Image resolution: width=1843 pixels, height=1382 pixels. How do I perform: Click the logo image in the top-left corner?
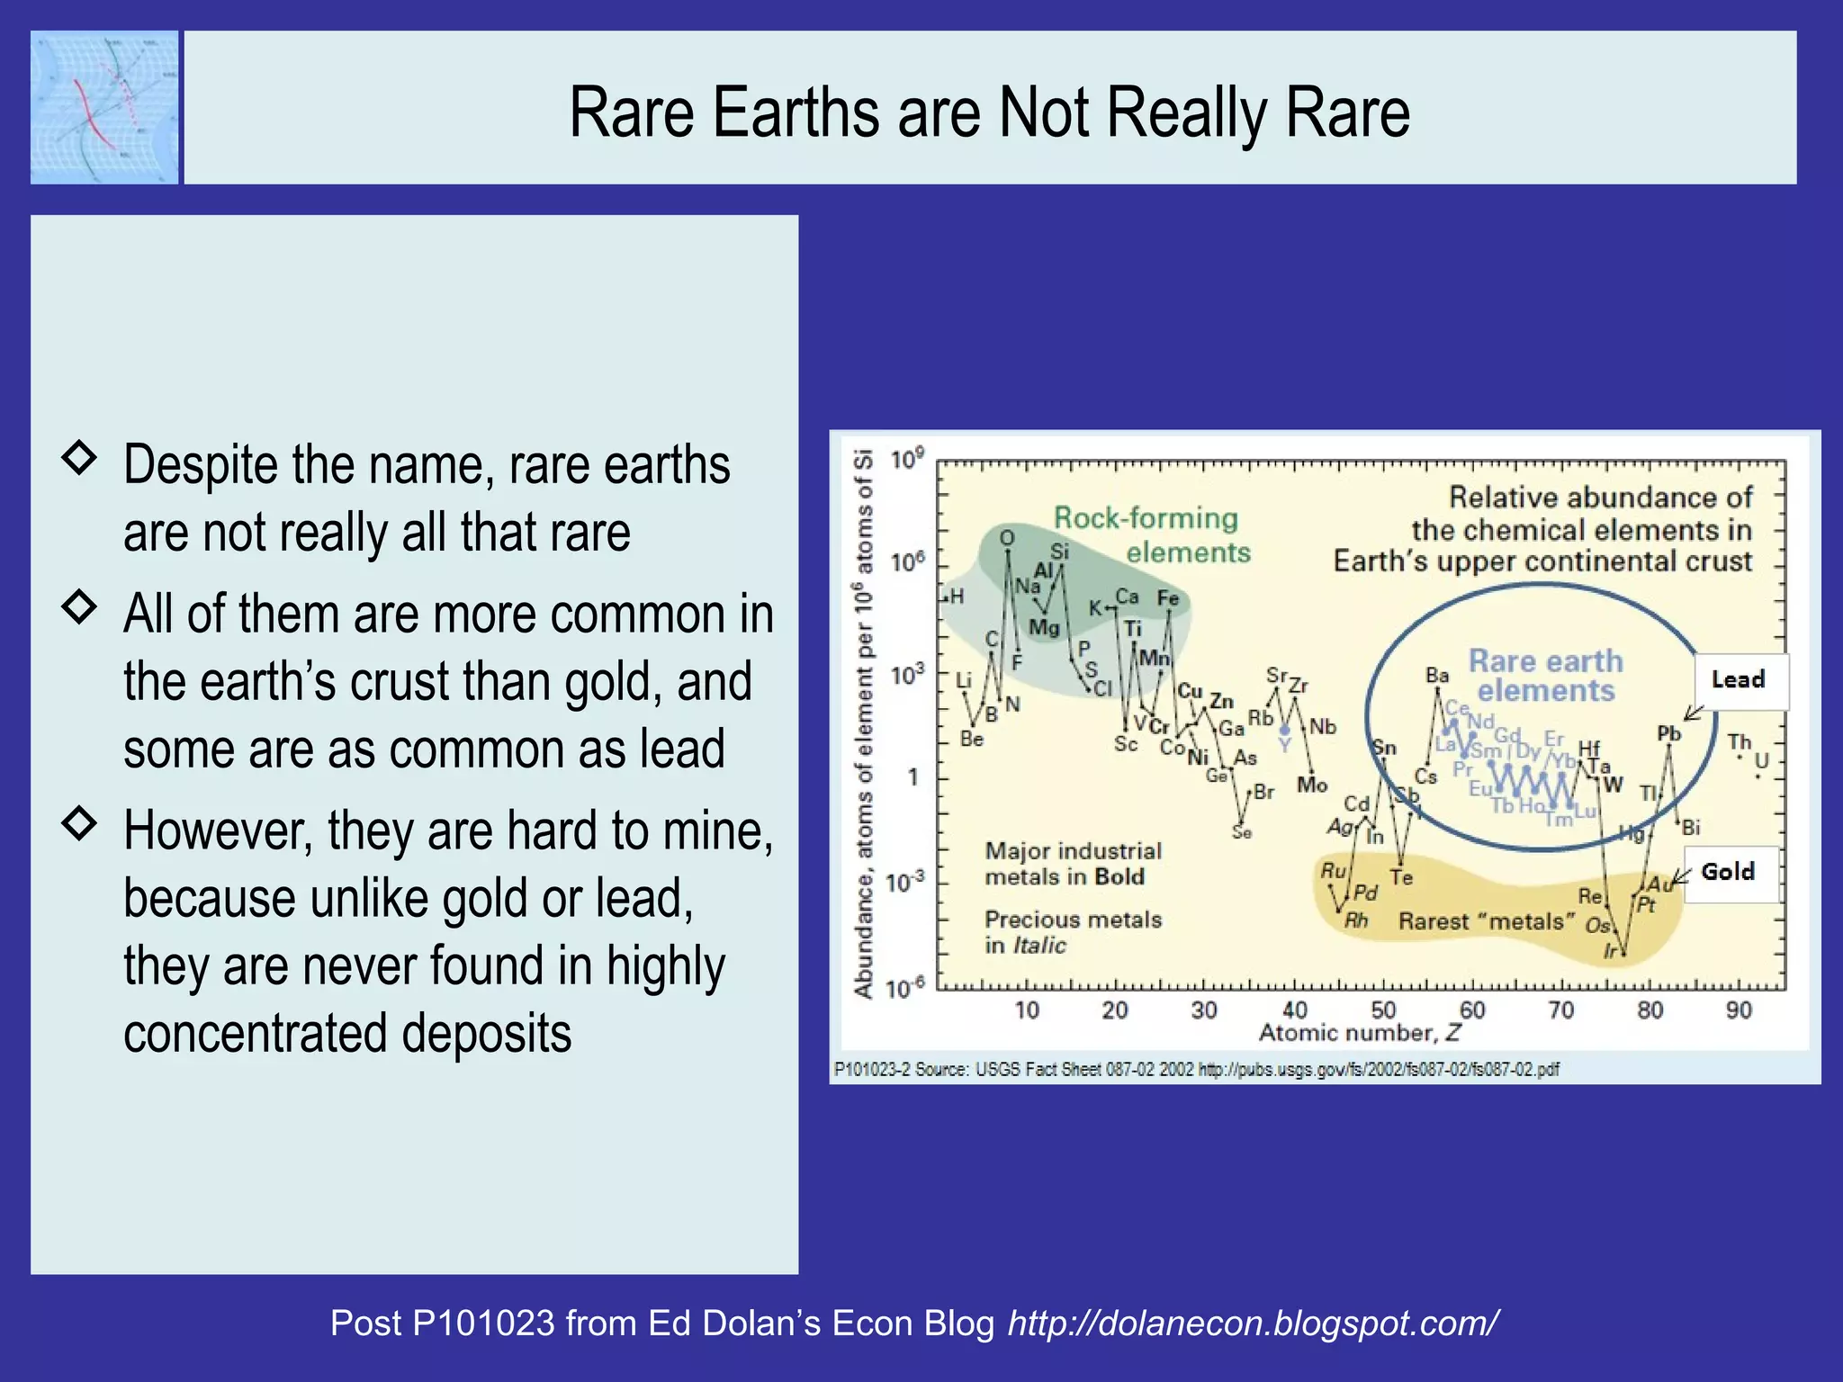tap(104, 107)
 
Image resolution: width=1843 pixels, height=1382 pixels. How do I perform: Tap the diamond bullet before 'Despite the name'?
tap(79, 458)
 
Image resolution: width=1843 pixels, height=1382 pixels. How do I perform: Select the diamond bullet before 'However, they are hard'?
tap(79, 822)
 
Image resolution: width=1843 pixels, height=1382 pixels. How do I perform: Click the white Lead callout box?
tap(1740, 680)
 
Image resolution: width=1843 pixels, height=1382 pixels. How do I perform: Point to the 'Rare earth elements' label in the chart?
tap(1546, 676)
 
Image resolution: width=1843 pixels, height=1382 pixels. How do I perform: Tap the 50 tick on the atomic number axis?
tap(1383, 1010)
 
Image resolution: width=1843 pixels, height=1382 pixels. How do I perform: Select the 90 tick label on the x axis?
tap(1739, 1010)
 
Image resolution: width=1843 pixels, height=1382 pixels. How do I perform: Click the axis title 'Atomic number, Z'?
tap(1359, 1033)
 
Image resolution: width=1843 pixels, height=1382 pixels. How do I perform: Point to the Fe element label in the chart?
tap(1168, 598)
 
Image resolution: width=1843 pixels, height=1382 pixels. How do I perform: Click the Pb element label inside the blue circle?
tap(1668, 733)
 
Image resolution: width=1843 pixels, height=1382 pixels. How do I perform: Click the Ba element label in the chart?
tap(1437, 675)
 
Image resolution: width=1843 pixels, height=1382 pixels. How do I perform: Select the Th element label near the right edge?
tap(1739, 742)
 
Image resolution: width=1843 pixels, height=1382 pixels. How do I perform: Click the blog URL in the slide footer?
tap(1253, 1323)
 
